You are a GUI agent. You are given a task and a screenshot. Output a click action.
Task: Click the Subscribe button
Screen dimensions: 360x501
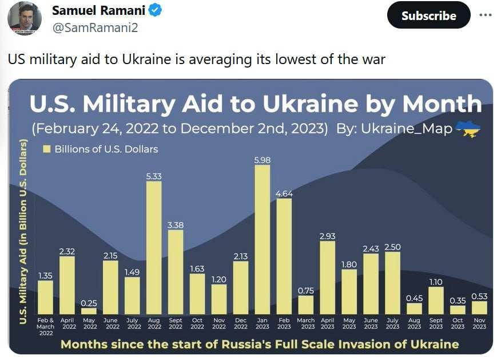point(428,15)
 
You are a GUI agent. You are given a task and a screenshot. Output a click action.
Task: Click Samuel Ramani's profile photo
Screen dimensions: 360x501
point(24,19)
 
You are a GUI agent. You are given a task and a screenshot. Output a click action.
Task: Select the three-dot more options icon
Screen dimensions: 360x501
point(486,15)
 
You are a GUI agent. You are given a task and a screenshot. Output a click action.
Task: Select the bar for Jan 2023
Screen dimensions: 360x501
point(262,240)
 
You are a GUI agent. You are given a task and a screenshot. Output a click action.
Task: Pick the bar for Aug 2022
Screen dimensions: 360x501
point(154,248)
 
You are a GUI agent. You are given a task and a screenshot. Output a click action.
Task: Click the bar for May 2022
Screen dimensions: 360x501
point(89,311)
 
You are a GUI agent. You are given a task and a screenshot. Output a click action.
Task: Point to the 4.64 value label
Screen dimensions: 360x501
point(284,193)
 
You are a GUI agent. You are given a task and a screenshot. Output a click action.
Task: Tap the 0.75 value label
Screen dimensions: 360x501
point(306,291)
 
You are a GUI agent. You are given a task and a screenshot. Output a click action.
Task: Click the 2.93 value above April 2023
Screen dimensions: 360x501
point(327,236)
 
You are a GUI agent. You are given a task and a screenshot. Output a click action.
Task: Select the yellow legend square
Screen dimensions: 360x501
point(47,149)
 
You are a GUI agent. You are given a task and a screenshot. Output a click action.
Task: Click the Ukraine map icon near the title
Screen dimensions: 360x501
point(471,129)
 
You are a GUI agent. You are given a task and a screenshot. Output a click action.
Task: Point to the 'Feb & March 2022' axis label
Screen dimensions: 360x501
point(46,327)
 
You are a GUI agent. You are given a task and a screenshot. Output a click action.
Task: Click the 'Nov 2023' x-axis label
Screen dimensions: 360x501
point(479,323)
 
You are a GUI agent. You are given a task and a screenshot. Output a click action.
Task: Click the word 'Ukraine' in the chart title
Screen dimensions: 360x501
point(305,104)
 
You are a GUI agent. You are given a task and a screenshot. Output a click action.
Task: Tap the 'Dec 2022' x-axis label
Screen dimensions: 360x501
point(241,323)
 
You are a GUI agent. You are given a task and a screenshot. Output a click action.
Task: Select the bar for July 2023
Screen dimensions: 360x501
point(392,283)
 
